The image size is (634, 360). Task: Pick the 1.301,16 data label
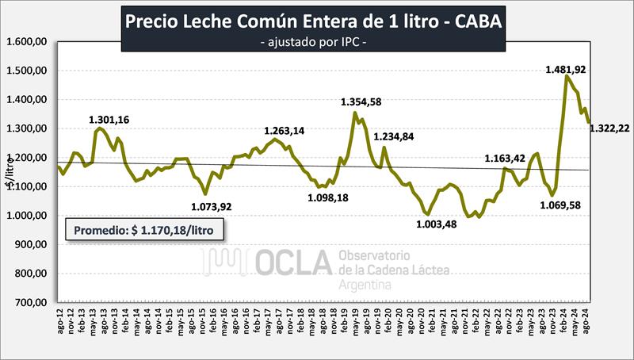[x=109, y=120]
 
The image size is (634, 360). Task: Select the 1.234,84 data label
[x=394, y=136]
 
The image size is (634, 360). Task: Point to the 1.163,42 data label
[x=507, y=159]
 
